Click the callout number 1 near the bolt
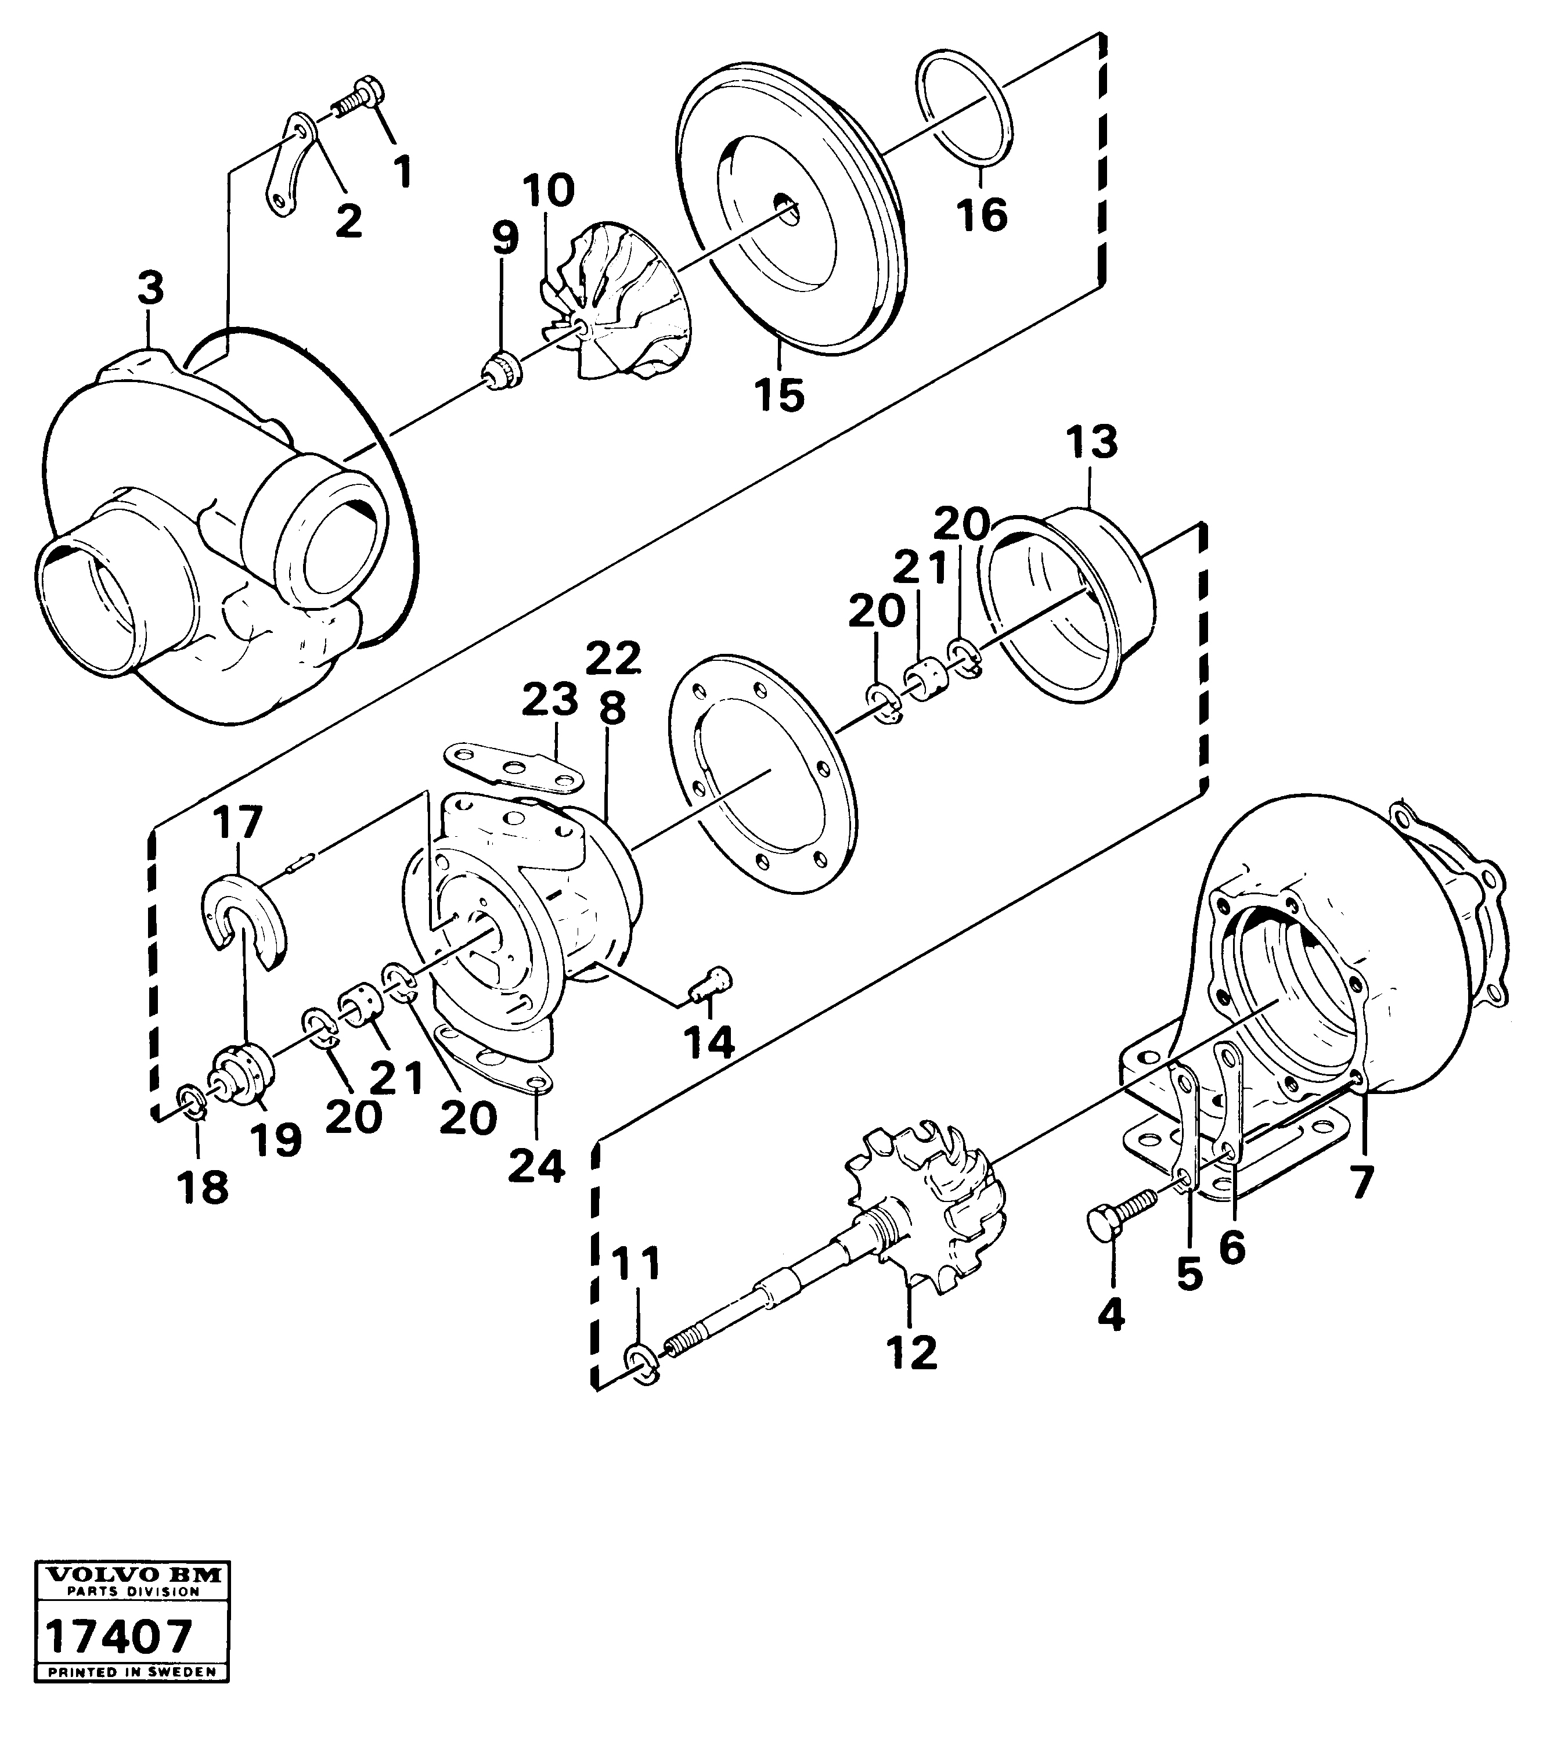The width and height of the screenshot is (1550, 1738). [402, 171]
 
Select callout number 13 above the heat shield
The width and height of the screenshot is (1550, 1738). [1092, 443]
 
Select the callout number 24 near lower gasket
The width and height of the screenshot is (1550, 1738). [536, 1165]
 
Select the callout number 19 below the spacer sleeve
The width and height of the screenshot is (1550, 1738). [275, 1140]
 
